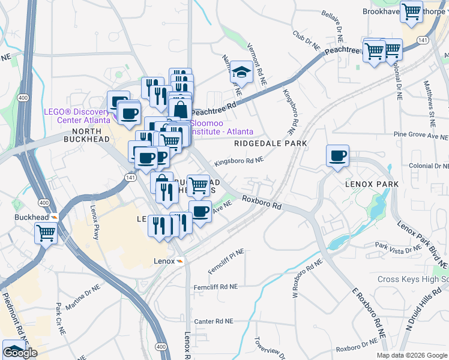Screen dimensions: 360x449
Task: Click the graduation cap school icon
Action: pyautogui.click(x=241, y=72)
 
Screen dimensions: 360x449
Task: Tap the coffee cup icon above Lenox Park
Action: pyautogui.click(x=337, y=155)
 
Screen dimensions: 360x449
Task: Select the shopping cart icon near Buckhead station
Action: pyautogui.click(x=46, y=233)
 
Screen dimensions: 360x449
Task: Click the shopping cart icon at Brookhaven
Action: pyautogui.click(x=411, y=11)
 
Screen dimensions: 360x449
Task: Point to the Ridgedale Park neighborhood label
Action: pyautogui.click(x=270, y=143)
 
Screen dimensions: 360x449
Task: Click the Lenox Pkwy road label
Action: pyautogui.click(x=94, y=223)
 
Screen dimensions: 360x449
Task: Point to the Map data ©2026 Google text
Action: pyautogui.click(x=412, y=355)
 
